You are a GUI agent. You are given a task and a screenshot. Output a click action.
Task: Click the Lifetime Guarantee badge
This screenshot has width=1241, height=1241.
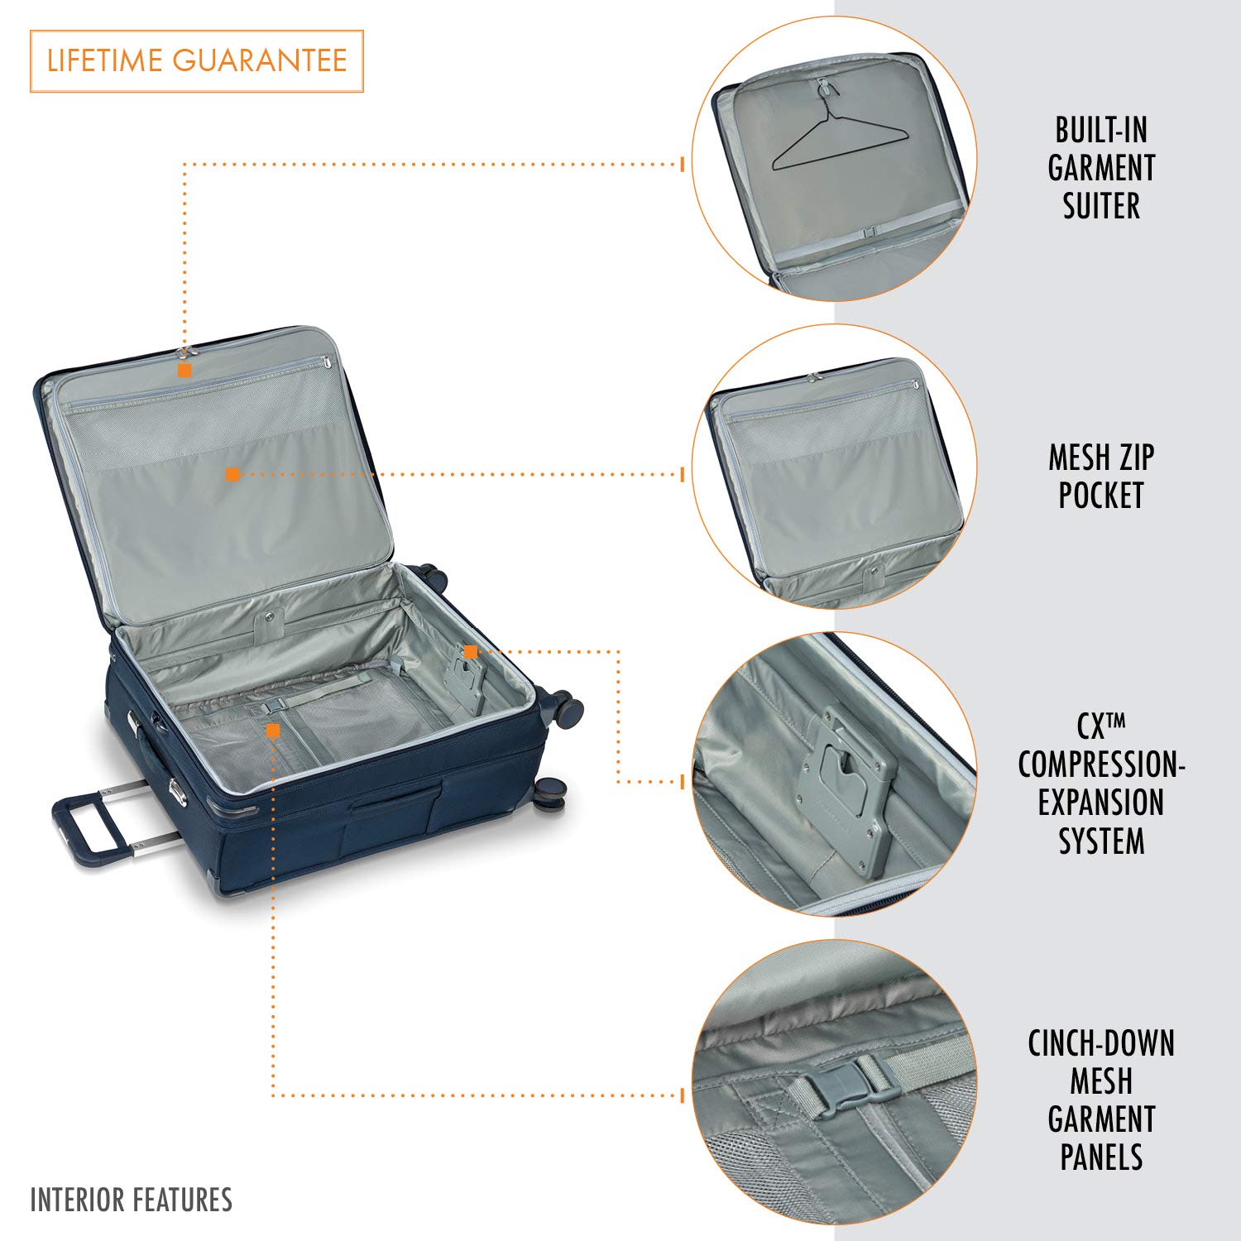coord(197,61)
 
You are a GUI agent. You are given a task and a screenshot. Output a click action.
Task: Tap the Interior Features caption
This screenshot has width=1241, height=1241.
coord(131,1200)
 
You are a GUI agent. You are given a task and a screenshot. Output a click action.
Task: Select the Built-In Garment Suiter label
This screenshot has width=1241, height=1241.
coord(1100,168)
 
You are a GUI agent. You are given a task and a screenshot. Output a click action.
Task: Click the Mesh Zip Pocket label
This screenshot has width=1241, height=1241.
coord(1100,476)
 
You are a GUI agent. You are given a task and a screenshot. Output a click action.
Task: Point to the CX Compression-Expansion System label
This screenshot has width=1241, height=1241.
coord(1101,783)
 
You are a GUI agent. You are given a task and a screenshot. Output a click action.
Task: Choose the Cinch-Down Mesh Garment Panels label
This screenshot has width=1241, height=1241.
coord(1101,1100)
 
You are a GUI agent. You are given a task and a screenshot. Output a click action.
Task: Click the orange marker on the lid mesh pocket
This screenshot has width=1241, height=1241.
coord(232,474)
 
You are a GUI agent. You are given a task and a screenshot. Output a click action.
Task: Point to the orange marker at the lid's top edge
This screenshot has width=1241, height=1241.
coord(184,370)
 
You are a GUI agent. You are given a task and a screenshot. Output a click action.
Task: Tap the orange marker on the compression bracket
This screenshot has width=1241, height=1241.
coord(470,652)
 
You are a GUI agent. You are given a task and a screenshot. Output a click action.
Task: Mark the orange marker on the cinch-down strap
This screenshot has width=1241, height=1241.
coord(273,731)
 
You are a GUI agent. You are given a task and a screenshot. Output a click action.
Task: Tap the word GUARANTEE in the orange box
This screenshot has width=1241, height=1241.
coord(260,61)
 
